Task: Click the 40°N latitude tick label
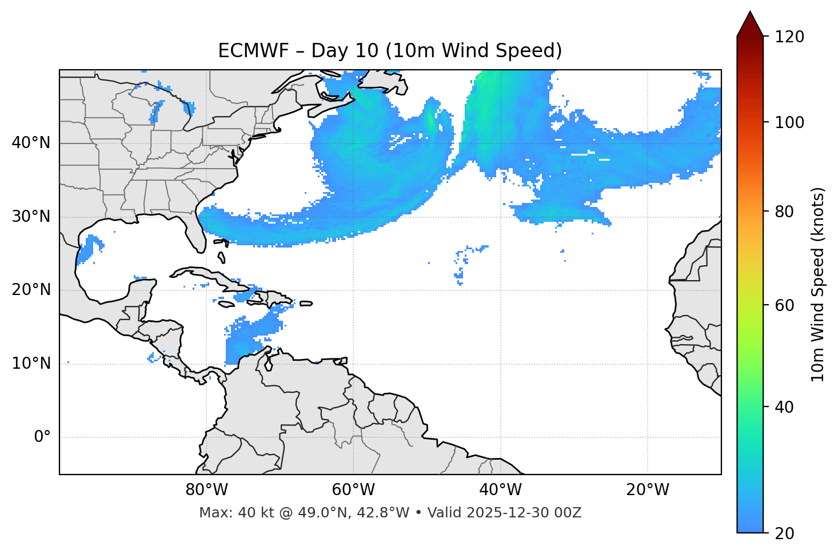(x=31, y=143)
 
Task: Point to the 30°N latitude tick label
(x=31, y=217)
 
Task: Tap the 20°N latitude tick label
(x=31, y=290)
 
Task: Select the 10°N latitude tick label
(x=31, y=364)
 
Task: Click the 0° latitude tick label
(x=42, y=437)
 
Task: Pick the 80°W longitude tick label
(x=206, y=490)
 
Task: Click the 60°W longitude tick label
(x=353, y=490)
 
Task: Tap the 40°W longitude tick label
(x=501, y=490)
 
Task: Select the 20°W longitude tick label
(x=648, y=490)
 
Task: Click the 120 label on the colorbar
(x=789, y=37)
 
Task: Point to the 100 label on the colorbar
(x=789, y=122)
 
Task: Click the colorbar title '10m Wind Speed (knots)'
(x=818, y=284)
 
